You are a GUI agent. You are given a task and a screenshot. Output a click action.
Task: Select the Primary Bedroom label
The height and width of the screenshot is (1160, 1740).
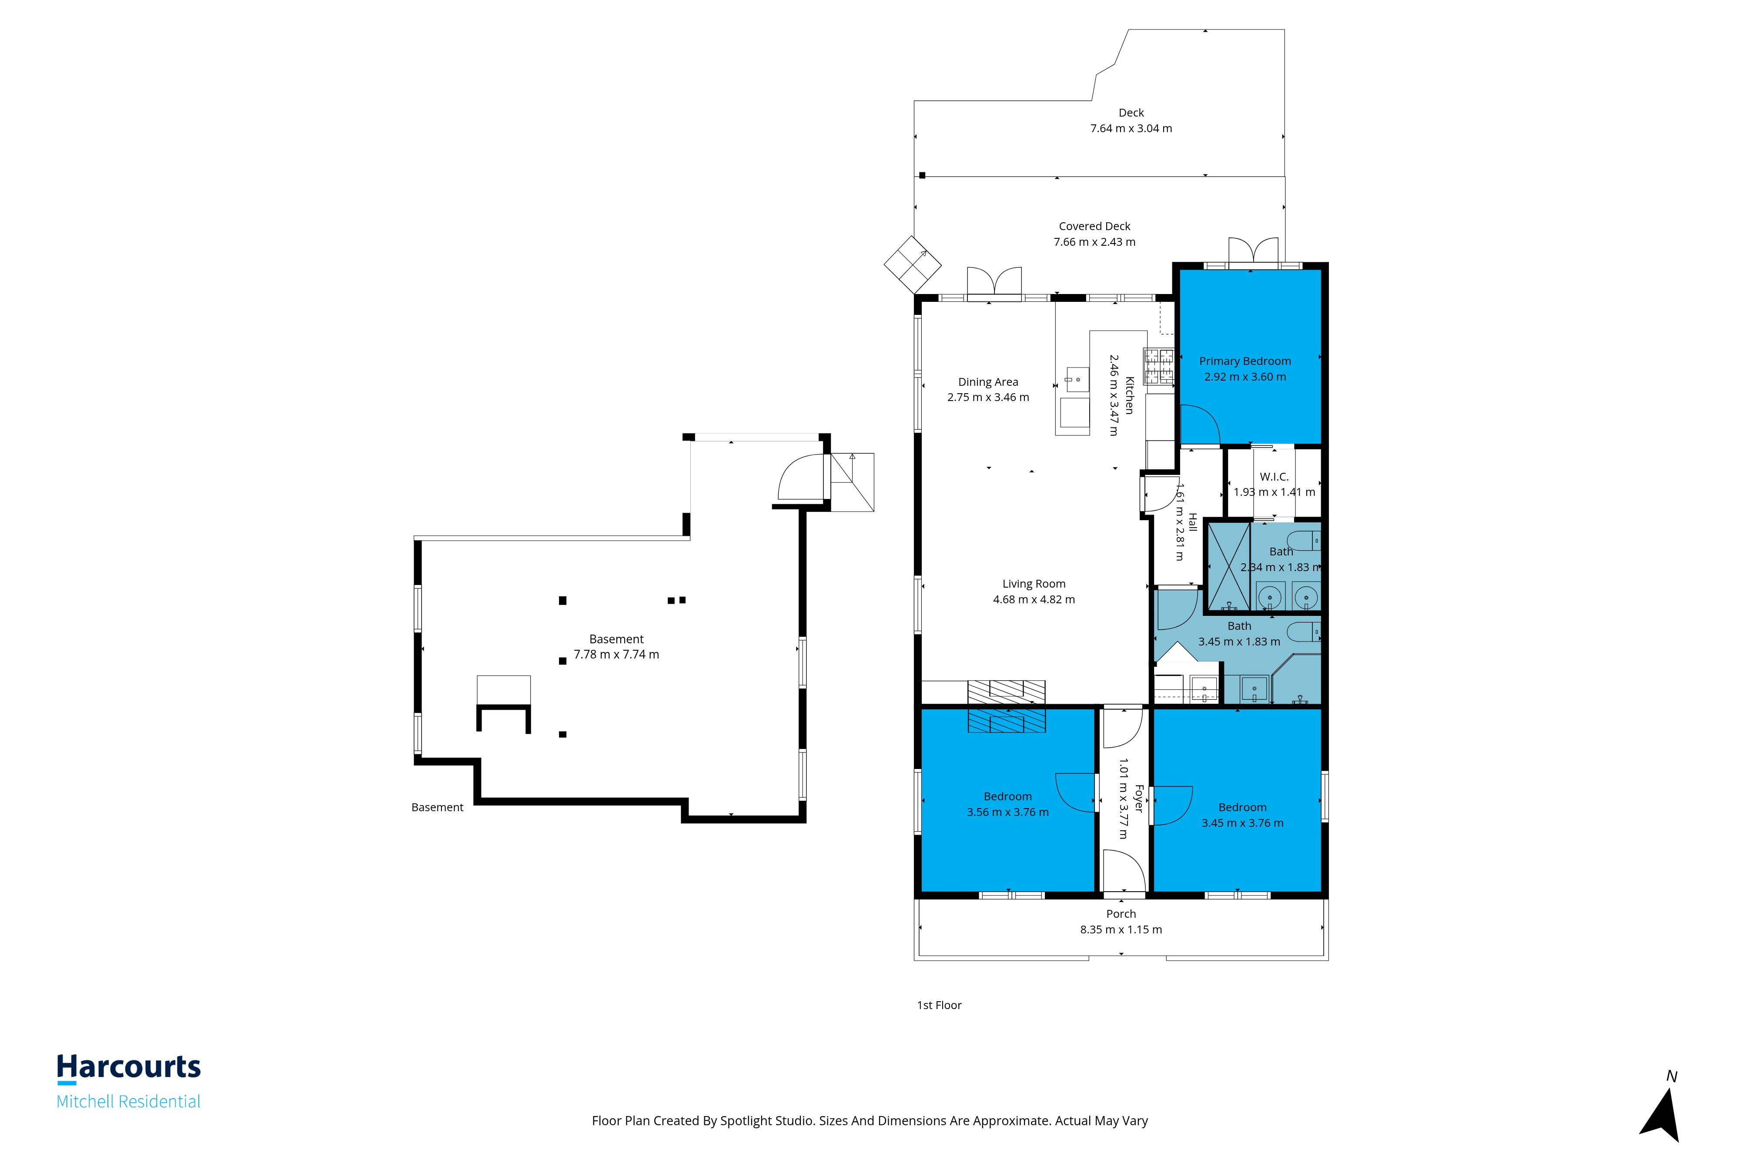(1245, 361)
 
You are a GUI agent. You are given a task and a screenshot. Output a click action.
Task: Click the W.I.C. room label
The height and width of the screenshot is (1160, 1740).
(1274, 477)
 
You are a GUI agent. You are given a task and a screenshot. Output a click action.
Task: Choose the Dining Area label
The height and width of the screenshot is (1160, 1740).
(988, 382)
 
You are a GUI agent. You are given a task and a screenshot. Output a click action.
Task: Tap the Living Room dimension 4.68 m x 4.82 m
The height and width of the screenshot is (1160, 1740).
(1034, 600)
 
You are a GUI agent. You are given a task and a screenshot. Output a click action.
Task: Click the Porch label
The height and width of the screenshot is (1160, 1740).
(1121, 914)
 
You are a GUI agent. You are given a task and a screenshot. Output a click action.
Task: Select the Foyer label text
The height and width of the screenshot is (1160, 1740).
(1139, 799)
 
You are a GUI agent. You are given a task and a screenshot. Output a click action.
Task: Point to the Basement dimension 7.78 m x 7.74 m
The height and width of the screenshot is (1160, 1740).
(616, 655)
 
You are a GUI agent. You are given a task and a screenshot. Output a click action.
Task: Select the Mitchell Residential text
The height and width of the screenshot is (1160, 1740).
(129, 1102)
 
